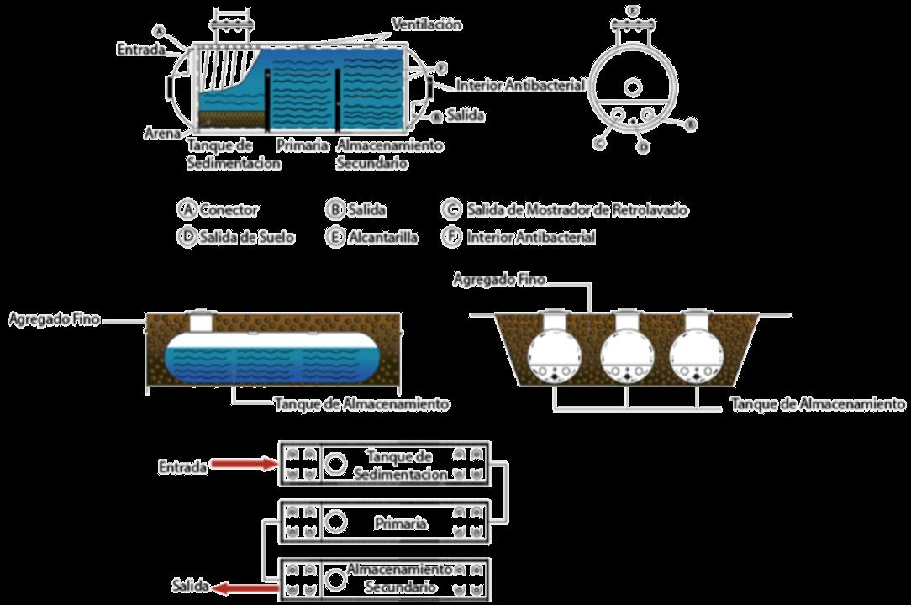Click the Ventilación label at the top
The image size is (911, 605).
(x=426, y=24)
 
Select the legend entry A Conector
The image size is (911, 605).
(x=219, y=210)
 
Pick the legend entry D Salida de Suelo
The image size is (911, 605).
(x=236, y=237)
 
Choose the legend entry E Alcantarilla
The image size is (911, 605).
(x=371, y=237)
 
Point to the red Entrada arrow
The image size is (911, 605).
(x=245, y=463)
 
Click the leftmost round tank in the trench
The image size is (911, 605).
(x=555, y=353)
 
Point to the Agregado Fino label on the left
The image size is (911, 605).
(x=53, y=319)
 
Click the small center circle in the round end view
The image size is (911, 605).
(x=632, y=87)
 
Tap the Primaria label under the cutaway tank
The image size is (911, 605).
(x=301, y=145)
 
